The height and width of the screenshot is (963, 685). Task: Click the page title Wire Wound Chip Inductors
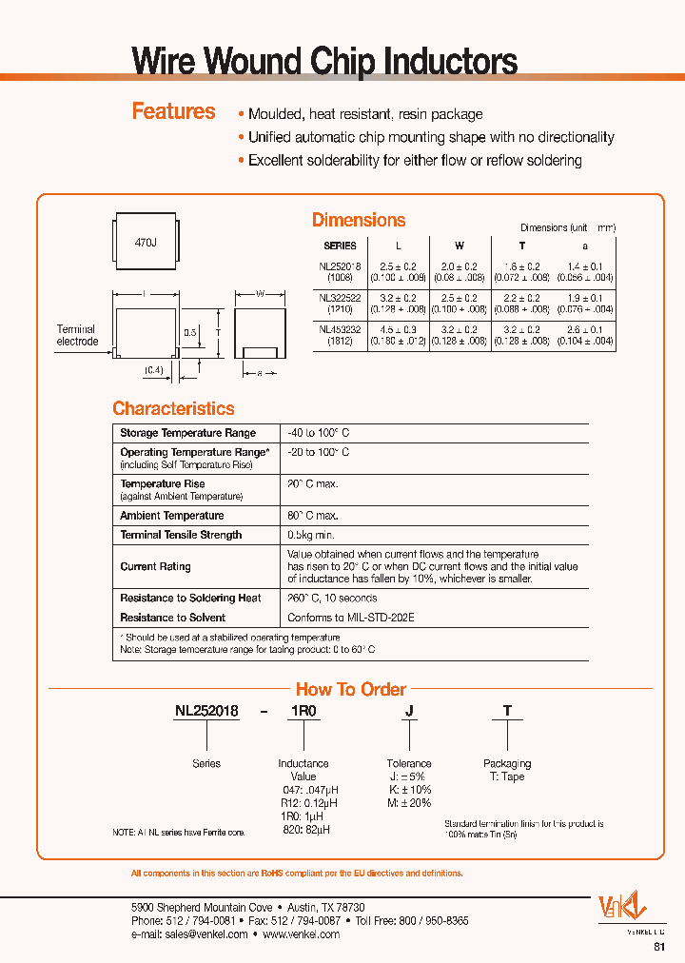pyautogui.click(x=323, y=62)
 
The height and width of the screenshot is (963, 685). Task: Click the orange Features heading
pyautogui.click(x=173, y=111)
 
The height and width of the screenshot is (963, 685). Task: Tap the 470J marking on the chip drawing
pyautogui.click(x=145, y=244)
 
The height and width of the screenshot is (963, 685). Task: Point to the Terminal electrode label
pyautogui.click(x=77, y=335)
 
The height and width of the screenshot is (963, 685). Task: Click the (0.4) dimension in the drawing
pyautogui.click(x=154, y=369)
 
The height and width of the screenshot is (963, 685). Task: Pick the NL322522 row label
pyautogui.click(x=340, y=304)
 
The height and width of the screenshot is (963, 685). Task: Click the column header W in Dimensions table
pyautogui.click(x=460, y=246)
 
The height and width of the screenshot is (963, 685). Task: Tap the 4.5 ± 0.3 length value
pyautogui.click(x=398, y=330)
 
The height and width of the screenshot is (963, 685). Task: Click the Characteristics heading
pyautogui.click(x=173, y=408)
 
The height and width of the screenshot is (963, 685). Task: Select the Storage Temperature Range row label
pyautogui.click(x=187, y=433)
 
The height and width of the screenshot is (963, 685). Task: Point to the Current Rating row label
pyautogui.click(x=155, y=566)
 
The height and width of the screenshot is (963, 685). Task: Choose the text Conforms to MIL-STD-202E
pyautogui.click(x=350, y=618)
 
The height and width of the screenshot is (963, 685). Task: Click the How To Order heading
pyautogui.click(x=350, y=689)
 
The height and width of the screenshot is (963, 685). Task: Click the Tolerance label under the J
pyautogui.click(x=409, y=763)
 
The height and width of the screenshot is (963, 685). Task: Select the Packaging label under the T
pyautogui.click(x=507, y=763)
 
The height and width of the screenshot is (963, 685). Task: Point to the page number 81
pyautogui.click(x=659, y=947)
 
